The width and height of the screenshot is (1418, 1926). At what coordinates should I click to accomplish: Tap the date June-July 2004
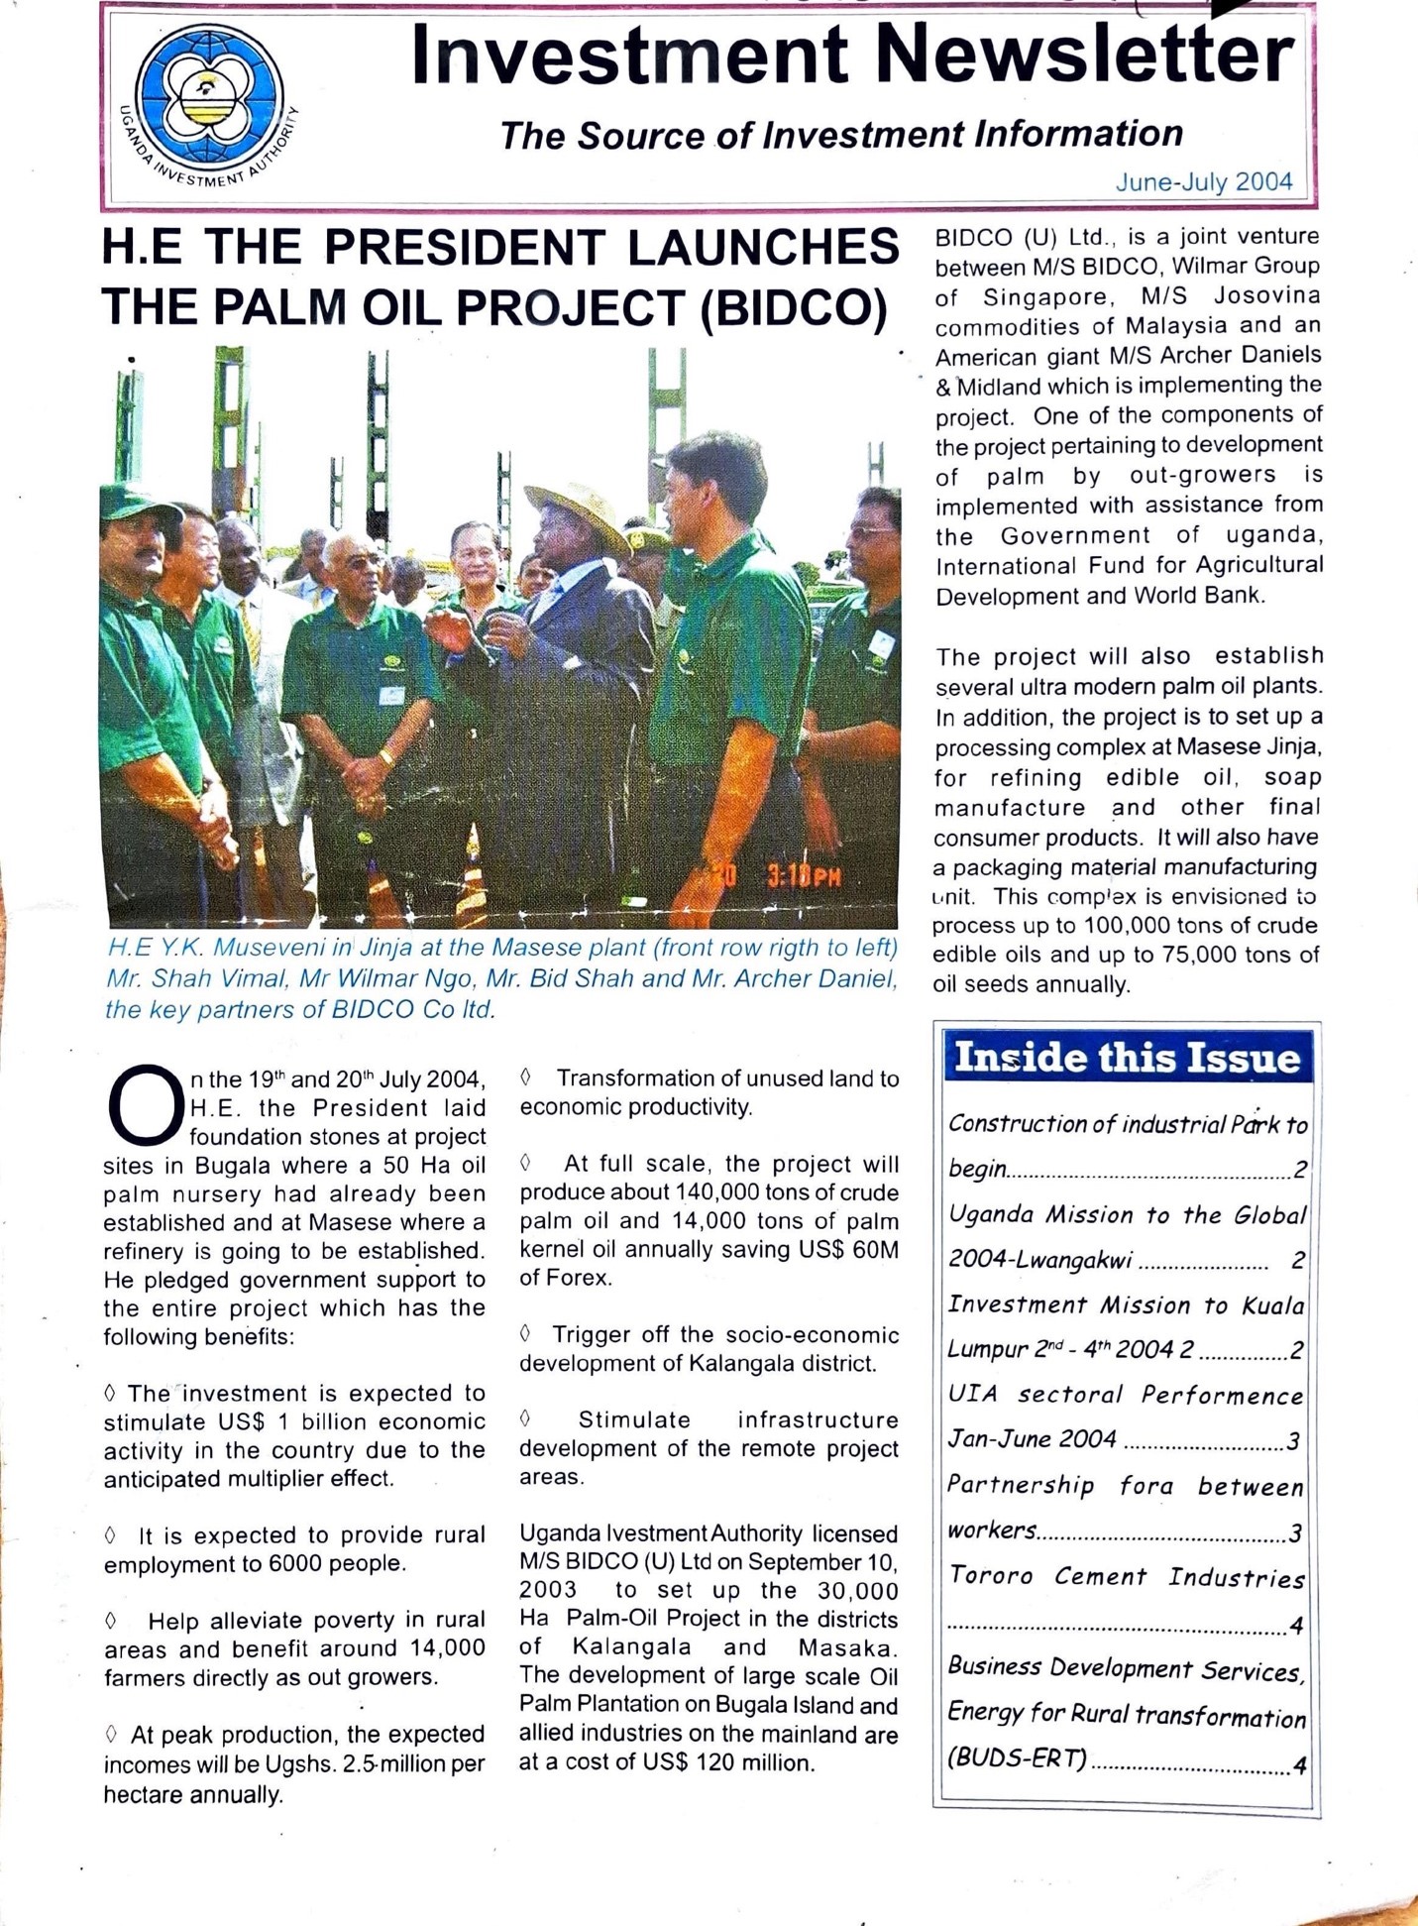pyautogui.click(x=1203, y=182)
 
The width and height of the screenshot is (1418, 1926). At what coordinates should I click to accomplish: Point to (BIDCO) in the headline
pyautogui.click(x=794, y=308)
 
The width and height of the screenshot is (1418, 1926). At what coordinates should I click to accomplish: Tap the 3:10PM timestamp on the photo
pyautogui.click(x=804, y=876)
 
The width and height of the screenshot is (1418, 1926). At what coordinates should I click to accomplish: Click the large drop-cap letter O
pyautogui.click(x=145, y=1103)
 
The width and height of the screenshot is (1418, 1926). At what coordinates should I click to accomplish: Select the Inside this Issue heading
pyautogui.click(x=1127, y=1058)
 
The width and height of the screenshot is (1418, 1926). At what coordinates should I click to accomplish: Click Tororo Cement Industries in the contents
pyautogui.click(x=1127, y=1576)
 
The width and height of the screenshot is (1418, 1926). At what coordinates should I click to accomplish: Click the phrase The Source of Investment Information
pyautogui.click(x=841, y=135)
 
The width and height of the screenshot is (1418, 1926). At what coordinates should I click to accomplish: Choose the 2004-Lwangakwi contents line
pyautogui.click(x=1040, y=1260)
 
